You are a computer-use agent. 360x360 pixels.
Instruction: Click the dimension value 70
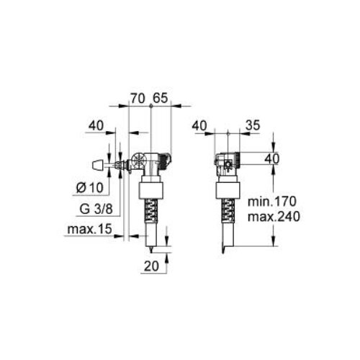138,98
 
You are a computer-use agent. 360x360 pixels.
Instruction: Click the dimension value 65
160,98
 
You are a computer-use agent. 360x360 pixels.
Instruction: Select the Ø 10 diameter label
89,187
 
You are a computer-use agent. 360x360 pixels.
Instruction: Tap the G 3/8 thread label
96,209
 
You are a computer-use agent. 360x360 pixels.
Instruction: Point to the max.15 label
89,229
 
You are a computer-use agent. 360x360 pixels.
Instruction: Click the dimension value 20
151,266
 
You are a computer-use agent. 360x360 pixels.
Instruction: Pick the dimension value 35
253,125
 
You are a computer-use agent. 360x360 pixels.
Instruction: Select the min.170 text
272,202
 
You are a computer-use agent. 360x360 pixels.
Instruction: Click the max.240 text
274,217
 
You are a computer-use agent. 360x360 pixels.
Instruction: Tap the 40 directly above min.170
272,158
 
